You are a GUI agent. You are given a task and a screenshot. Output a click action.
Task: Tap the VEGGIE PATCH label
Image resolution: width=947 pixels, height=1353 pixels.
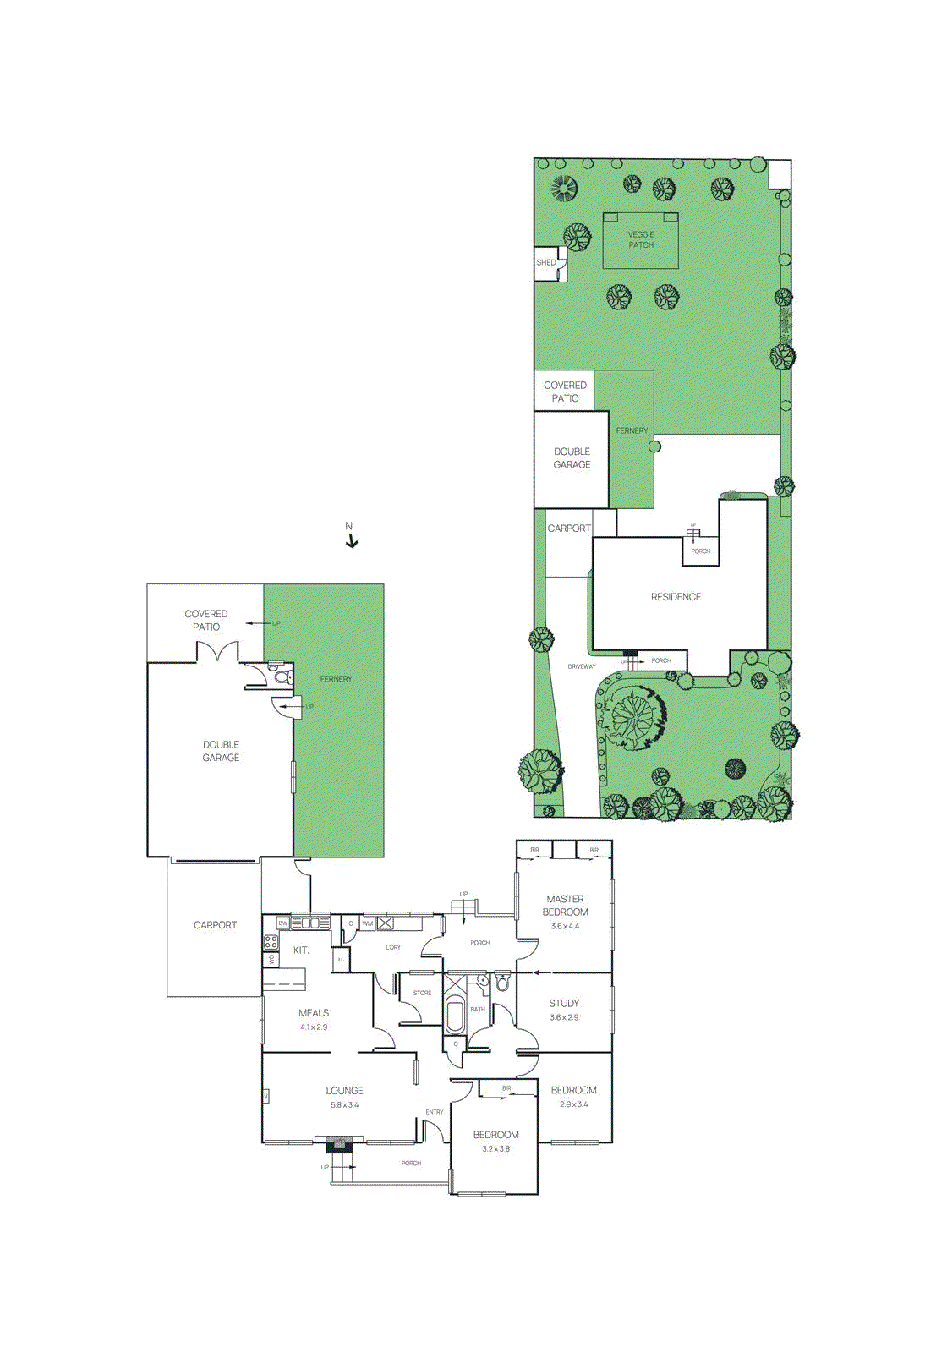(641, 240)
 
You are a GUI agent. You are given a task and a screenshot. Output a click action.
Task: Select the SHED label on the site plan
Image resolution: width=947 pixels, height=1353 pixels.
(546, 263)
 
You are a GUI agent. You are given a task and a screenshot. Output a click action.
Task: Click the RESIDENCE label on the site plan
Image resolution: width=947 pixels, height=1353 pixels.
(676, 597)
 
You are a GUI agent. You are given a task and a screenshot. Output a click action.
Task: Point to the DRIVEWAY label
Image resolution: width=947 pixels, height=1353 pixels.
(582, 666)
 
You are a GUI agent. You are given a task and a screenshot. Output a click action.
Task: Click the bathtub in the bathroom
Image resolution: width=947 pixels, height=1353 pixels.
(455, 1016)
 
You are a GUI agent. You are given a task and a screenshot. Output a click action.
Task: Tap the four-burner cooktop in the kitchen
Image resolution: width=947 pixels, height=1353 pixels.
(271, 941)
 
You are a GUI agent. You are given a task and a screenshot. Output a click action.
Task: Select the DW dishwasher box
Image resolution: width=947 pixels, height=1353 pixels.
(283, 923)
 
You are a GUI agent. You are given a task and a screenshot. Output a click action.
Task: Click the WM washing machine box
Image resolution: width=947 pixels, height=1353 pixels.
(368, 923)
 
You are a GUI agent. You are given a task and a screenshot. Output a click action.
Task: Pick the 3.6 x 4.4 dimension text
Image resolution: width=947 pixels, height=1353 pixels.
(565, 926)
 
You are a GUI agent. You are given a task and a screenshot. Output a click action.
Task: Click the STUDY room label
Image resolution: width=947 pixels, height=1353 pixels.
(564, 1003)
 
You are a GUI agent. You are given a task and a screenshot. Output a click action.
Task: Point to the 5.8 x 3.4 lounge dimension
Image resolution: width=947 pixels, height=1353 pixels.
(344, 1105)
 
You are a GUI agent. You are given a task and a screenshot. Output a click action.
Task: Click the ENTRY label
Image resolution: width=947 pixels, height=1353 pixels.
(435, 1112)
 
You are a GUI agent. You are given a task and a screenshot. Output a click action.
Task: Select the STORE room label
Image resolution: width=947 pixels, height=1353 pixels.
(422, 993)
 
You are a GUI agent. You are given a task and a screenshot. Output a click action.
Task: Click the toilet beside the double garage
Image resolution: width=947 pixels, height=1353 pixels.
(281, 676)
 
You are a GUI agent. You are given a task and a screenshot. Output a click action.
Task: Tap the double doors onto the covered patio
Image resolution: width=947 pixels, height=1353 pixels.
(217, 652)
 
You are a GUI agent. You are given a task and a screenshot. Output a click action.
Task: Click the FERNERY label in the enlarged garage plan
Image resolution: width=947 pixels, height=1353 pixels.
(336, 679)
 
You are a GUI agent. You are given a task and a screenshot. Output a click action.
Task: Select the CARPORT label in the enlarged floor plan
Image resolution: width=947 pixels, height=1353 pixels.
(215, 925)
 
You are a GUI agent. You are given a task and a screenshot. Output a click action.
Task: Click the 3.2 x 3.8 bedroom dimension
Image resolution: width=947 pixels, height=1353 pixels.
(495, 1149)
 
